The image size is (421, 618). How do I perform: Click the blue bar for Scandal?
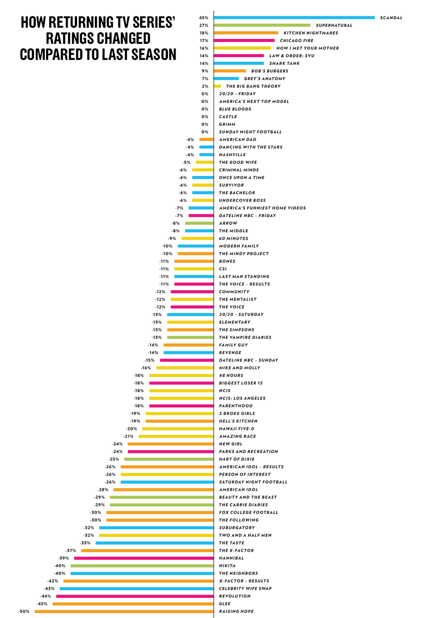tap(294, 18)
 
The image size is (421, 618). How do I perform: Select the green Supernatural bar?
tap(262, 26)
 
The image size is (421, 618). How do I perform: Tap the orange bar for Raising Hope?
tap(124, 611)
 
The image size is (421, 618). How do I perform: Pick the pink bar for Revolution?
tap(135, 596)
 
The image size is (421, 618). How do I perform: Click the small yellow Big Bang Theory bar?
tap(217, 86)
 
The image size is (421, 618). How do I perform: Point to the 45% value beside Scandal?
tap(204, 18)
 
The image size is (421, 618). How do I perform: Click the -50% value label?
tap(24, 611)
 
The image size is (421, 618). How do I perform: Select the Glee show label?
tap(225, 604)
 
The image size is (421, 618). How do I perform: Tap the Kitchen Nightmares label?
tap(311, 33)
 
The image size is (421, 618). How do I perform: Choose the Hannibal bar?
tap(144, 558)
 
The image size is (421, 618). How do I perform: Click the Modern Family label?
tap(239, 246)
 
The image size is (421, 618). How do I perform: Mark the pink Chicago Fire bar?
tap(244, 41)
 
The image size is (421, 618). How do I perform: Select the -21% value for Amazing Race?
tap(129, 436)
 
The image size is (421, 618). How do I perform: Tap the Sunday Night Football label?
tap(250, 132)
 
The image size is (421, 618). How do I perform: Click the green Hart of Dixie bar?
tap(169, 459)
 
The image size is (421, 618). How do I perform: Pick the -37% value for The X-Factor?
tap(71, 550)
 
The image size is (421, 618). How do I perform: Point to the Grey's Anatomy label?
tap(265, 79)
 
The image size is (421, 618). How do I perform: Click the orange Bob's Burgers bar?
tap(230, 71)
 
